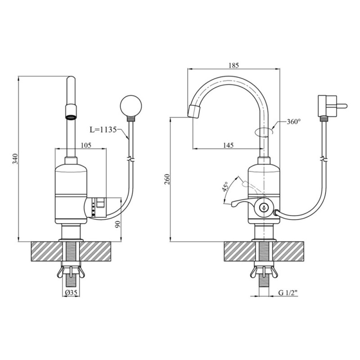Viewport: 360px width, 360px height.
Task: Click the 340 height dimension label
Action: pos(15,159)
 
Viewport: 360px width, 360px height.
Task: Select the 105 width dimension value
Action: pos(86,145)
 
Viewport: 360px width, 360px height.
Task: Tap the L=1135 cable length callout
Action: pos(103,130)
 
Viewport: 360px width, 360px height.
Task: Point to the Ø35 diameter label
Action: pos(71,292)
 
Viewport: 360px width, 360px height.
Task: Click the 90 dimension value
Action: pos(117,224)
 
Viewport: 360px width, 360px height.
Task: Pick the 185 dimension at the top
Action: pos(234,65)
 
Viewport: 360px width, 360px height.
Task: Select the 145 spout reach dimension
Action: pos(228,145)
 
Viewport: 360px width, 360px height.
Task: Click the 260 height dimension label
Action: pos(167,180)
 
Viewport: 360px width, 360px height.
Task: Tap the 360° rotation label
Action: pos(294,121)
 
